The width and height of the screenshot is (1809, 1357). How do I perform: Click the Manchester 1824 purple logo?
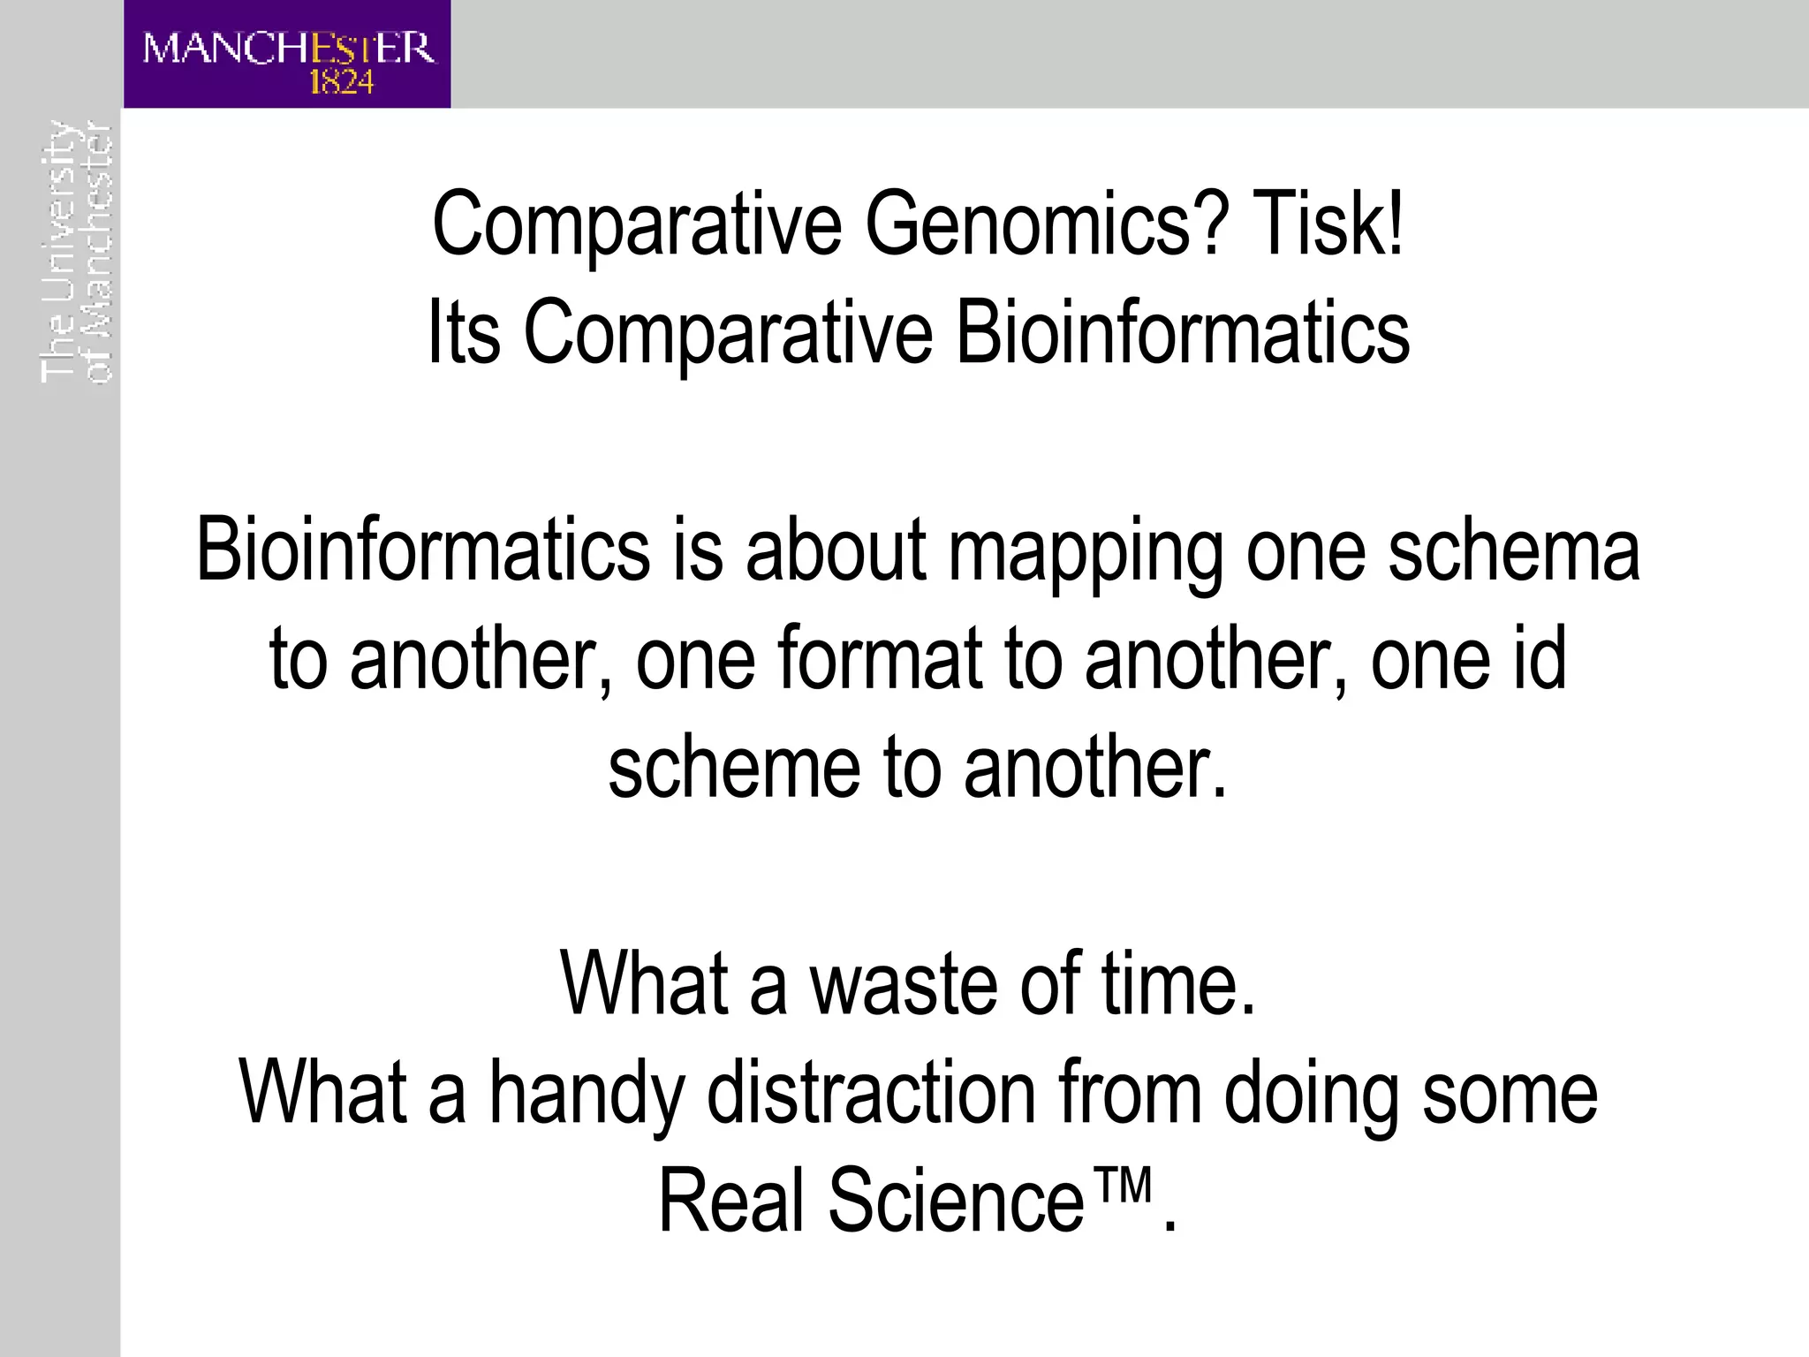pyautogui.click(x=287, y=54)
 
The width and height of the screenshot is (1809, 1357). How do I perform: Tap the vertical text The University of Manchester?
pyautogui.click(x=77, y=252)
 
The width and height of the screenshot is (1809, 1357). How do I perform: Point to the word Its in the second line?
pyautogui.click(x=465, y=333)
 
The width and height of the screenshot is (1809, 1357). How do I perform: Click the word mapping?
pyautogui.click(x=1086, y=553)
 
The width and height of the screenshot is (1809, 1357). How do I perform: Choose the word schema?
pyautogui.click(x=1514, y=551)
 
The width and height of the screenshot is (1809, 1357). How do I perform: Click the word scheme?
pyautogui.click(x=734, y=767)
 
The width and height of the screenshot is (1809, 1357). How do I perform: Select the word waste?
pyautogui.click(x=904, y=984)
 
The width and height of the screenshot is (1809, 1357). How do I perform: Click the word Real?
pyautogui.click(x=732, y=1201)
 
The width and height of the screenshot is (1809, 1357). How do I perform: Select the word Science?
pyautogui.click(x=955, y=1201)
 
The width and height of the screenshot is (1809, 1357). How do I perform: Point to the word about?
pyautogui.click(x=836, y=551)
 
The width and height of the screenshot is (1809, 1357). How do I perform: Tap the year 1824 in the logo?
pyautogui.click(x=342, y=83)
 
